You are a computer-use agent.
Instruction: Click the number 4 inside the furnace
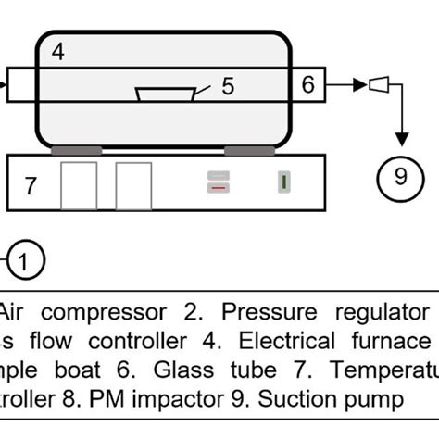pyautogui.click(x=57, y=53)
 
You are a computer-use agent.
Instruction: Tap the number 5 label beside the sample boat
pyautogui.click(x=228, y=85)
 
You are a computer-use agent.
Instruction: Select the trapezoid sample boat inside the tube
pyautogui.click(x=165, y=94)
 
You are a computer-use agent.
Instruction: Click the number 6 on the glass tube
pyautogui.click(x=308, y=85)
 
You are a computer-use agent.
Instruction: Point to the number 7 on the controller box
pyautogui.click(x=31, y=185)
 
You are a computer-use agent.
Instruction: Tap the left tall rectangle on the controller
pyautogui.click(x=79, y=185)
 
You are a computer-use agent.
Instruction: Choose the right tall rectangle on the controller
pyautogui.click(x=133, y=185)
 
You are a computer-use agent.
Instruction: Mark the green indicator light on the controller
pyautogui.click(x=282, y=182)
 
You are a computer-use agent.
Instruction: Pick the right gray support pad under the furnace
pyautogui.click(x=247, y=149)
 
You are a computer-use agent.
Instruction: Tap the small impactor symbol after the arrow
pyautogui.click(x=379, y=85)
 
